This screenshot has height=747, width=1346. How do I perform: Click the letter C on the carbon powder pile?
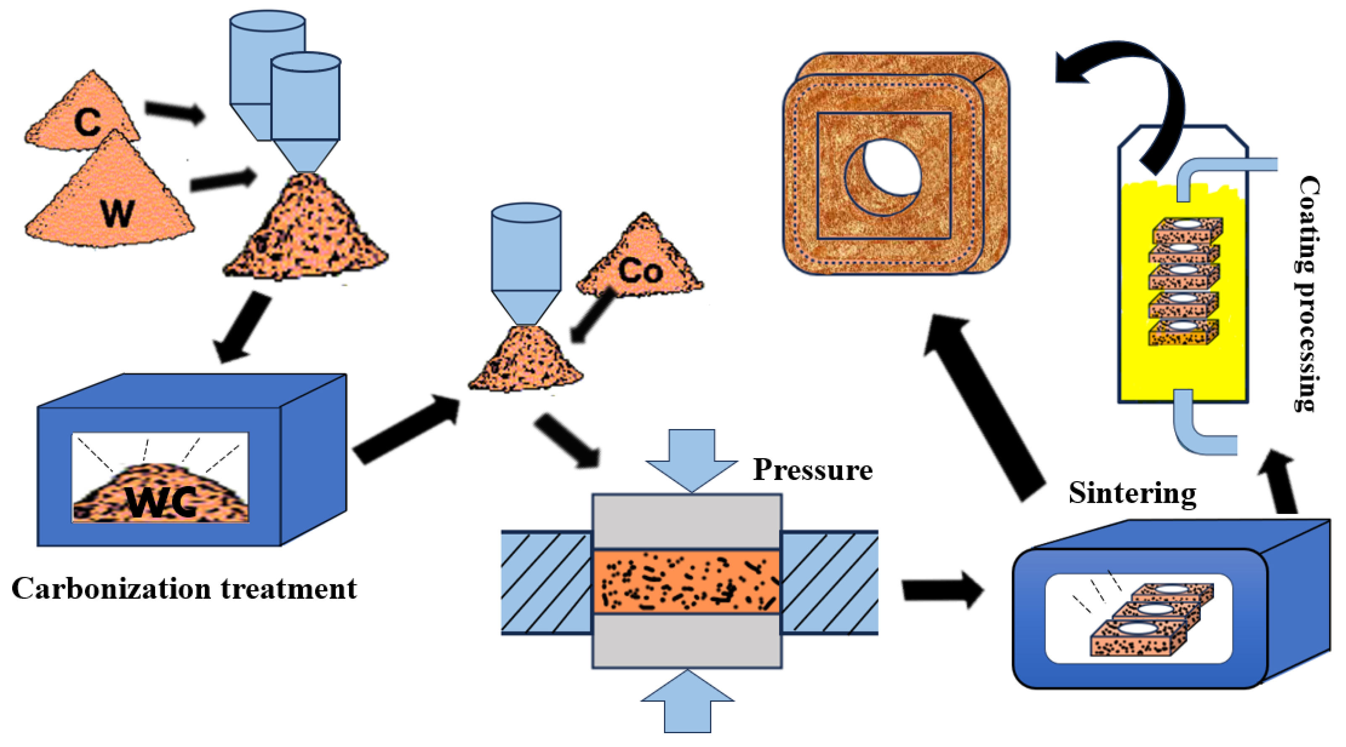tap(87, 122)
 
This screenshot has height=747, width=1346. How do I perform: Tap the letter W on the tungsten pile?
tap(118, 213)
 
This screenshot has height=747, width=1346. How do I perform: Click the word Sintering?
tap(1132, 493)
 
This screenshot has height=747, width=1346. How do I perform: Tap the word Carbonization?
tap(111, 589)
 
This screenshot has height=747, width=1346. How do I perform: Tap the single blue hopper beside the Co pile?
tap(526, 261)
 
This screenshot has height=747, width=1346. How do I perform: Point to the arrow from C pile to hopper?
tap(175, 111)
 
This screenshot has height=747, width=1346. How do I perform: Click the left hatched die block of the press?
tap(546, 582)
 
